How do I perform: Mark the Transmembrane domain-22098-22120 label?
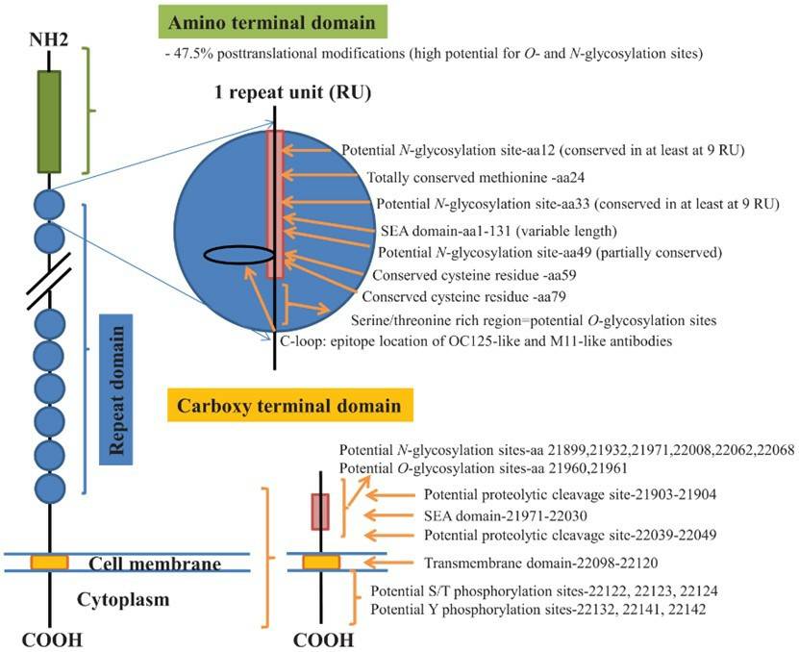[x=526, y=563]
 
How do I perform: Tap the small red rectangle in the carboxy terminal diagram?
[x=319, y=512]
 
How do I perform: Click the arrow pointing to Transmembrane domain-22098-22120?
[x=384, y=563]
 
